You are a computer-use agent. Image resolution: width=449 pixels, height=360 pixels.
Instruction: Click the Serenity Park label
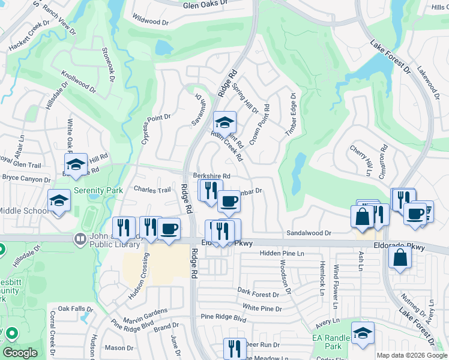[98, 190]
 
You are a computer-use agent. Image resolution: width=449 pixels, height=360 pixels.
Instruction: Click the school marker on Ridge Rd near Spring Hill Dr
[225, 122]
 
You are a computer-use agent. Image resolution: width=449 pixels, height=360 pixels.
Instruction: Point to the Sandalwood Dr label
[309, 233]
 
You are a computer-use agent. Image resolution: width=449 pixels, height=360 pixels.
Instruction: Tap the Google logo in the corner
[20, 353]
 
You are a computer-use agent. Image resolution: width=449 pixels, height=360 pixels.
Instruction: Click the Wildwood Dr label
[150, 22]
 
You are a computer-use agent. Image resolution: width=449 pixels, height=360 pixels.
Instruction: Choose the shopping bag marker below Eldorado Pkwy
[400, 258]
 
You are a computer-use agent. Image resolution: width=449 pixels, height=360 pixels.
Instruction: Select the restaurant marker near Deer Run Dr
[234, 348]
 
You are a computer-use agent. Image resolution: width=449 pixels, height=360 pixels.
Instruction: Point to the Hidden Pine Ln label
[282, 254]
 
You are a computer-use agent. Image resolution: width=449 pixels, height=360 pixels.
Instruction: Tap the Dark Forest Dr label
[258, 293]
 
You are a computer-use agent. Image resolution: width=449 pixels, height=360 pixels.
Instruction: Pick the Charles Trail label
[152, 190]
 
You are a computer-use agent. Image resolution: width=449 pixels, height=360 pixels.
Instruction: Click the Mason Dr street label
[119, 348]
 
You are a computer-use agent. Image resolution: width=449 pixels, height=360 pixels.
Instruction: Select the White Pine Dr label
[262, 308]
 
